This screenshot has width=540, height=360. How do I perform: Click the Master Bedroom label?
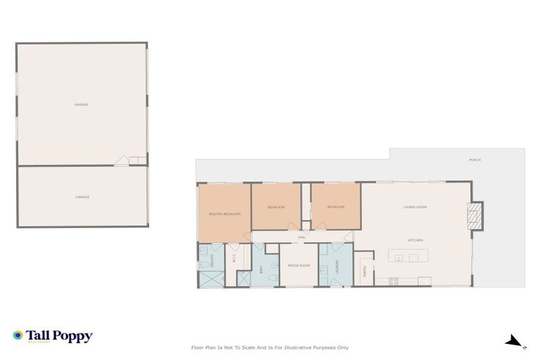(x=224, y=214)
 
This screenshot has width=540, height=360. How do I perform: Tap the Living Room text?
(x=415, y=207)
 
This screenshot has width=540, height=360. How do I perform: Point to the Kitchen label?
(x=415, y=240)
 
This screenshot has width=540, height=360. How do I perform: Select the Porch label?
(x=475, y=160)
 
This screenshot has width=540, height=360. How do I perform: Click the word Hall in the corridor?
(x=302, y=237)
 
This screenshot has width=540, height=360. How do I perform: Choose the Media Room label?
(x=299, y=265)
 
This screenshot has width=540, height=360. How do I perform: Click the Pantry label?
(x=364, y=271)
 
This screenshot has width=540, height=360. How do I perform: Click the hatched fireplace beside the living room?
(x=475, y=215)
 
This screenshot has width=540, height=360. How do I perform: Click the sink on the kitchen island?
(x=399, y=258)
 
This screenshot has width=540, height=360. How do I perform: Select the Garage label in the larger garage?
(x=82, y=105)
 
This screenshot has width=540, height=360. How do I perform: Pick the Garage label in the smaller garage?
(x=82, y=197)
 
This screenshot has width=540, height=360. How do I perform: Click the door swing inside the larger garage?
(x=122, y=161)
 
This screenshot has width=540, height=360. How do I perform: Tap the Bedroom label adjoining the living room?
(x=335, y=207)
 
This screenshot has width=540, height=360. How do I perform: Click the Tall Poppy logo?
(x=53, y=337)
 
